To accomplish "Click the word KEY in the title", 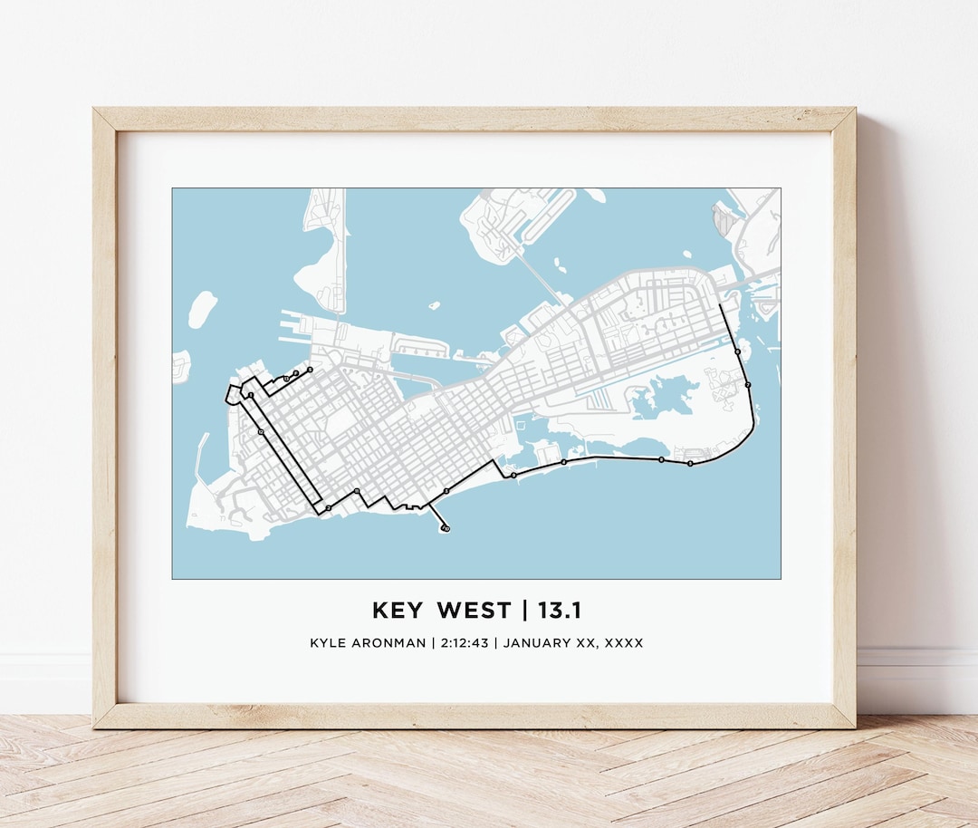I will [397, 611].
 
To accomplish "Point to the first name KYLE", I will [328, 643].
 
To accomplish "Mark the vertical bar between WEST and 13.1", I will [524, 611].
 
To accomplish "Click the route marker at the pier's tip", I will [446, 527].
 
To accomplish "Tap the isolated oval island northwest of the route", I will [202, 309].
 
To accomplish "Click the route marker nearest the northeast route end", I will [738, 351].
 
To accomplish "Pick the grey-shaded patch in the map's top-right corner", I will [725, 217].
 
